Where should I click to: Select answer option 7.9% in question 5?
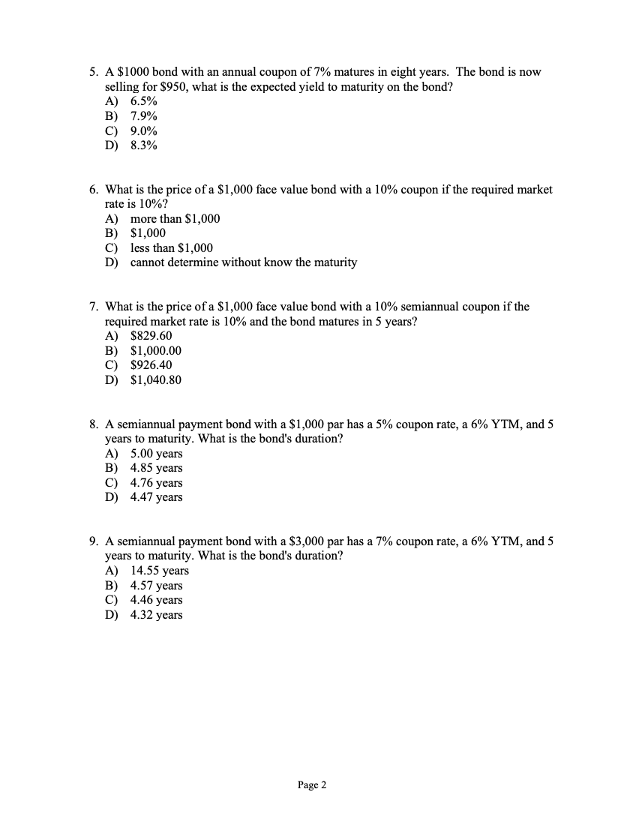(143, 116)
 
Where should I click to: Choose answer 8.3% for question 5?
(143, 145)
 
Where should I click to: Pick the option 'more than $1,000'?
(175, 219)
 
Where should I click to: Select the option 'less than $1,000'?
(171, 248)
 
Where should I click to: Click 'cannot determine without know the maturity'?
(243, 262)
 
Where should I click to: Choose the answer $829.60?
(151, 336)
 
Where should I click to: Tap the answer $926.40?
(151, 365)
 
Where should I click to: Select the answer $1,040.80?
(155, 380)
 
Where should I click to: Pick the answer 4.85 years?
(156, 468)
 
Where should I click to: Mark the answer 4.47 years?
(156, 497)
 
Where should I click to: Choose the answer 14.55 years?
(159, 571)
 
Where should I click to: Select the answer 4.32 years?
(156, 615)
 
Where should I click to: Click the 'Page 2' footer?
(312, 785)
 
